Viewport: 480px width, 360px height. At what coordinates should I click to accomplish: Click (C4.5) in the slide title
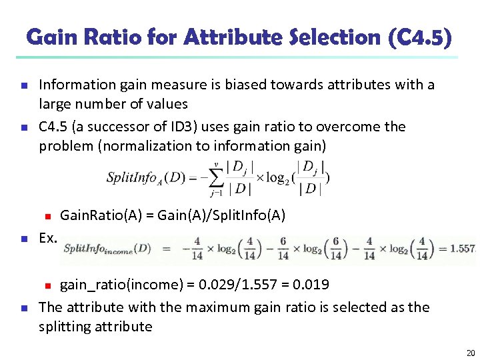pyautogui.click(x=420, y=37)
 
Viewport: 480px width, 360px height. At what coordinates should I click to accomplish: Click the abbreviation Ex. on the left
pyautogui.click(x=48, y=237)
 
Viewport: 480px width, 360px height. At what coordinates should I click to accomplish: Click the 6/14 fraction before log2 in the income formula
pyautogui.click(x=283, y=249)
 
